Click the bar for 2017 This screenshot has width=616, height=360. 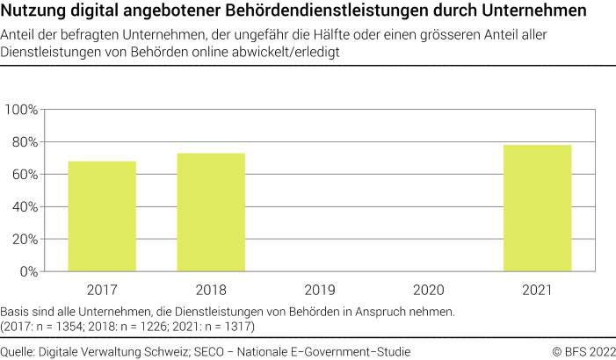point(102,217)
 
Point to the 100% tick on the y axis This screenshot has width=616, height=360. point(21,110)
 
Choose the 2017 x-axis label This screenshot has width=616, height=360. point(102,289)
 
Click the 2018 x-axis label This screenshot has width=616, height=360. point(211,289)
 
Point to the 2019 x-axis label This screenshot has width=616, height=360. point(320,289)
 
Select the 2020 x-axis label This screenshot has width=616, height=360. point(429,289)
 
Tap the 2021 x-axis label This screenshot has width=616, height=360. point(538,289)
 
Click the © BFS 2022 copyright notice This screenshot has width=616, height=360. point(583,351)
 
